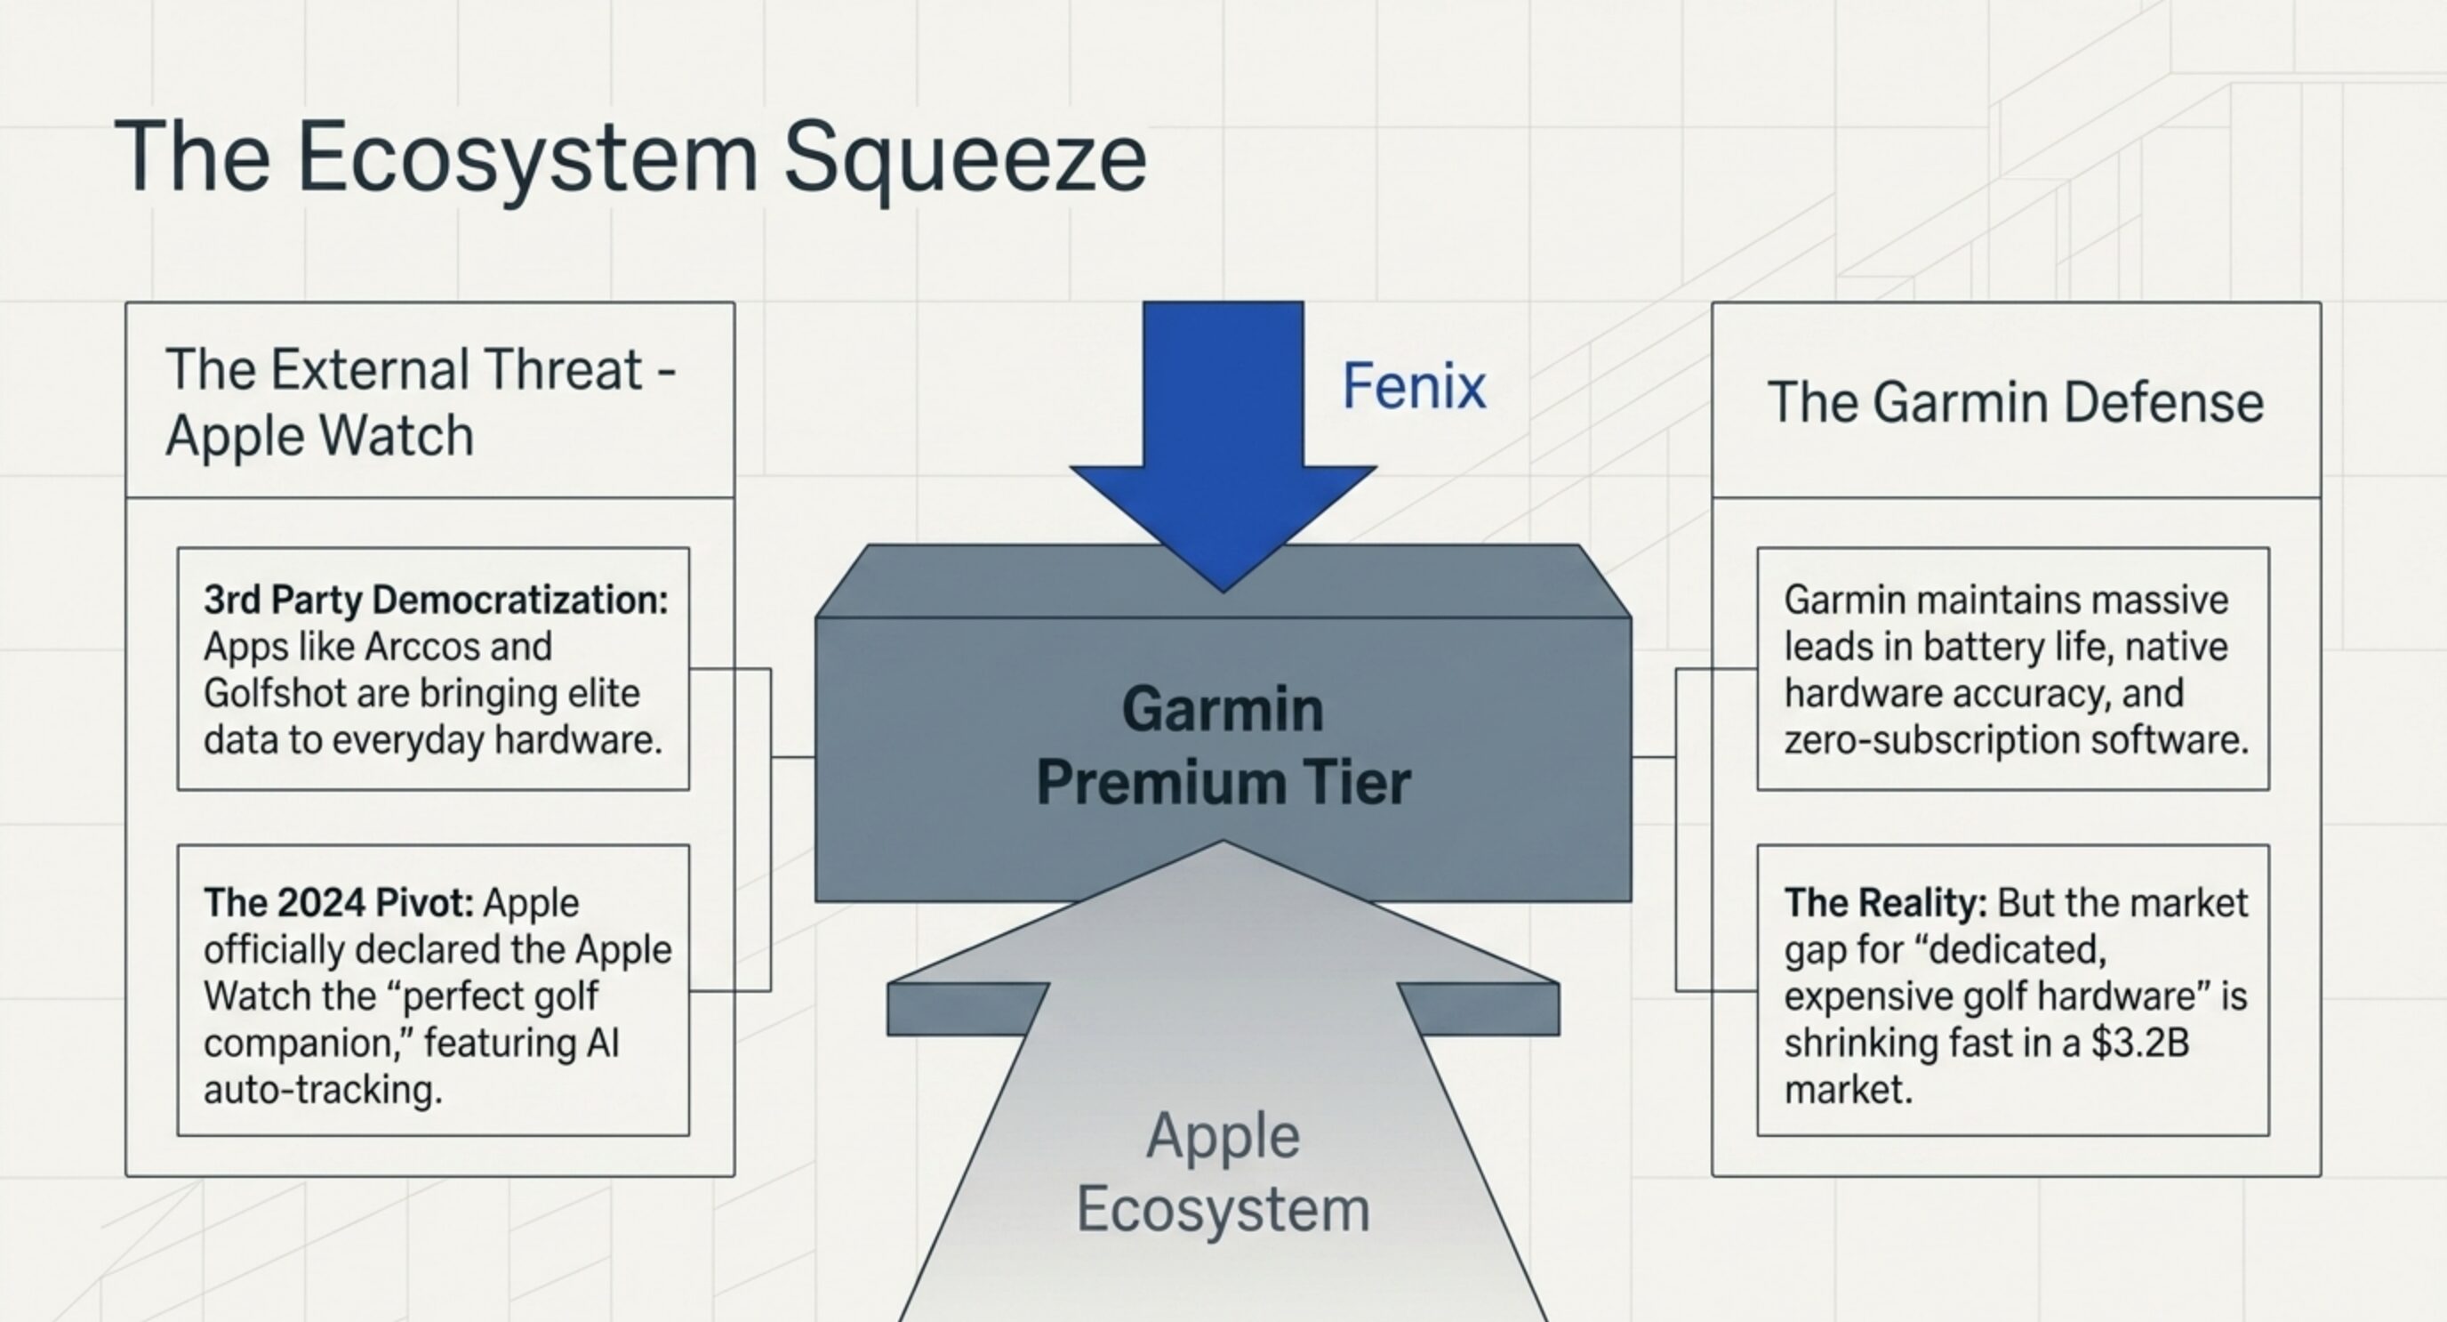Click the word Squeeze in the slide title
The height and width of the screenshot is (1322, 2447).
[x=964, y=157]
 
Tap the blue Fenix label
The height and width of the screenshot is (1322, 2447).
[x=1414, y=387]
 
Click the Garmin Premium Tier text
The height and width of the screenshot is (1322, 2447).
[x=1223, y=746]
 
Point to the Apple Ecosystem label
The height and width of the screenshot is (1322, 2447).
[x=1223, y=1173]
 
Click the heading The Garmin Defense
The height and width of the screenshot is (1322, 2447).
[x=2015, y=402]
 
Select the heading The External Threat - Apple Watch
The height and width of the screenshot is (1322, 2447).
[x=420, y=402]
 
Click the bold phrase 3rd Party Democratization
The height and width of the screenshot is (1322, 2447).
[x=435, y=600]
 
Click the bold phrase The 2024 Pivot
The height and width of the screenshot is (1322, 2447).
[x=338, y=903]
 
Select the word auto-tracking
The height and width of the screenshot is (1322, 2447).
[x=323, y=1089]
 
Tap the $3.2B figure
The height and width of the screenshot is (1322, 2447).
[x=2140, y=1043]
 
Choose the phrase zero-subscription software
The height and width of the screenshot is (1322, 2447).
[x=2016, y=740]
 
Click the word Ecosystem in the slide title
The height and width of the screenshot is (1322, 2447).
[x=527, y=157]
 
